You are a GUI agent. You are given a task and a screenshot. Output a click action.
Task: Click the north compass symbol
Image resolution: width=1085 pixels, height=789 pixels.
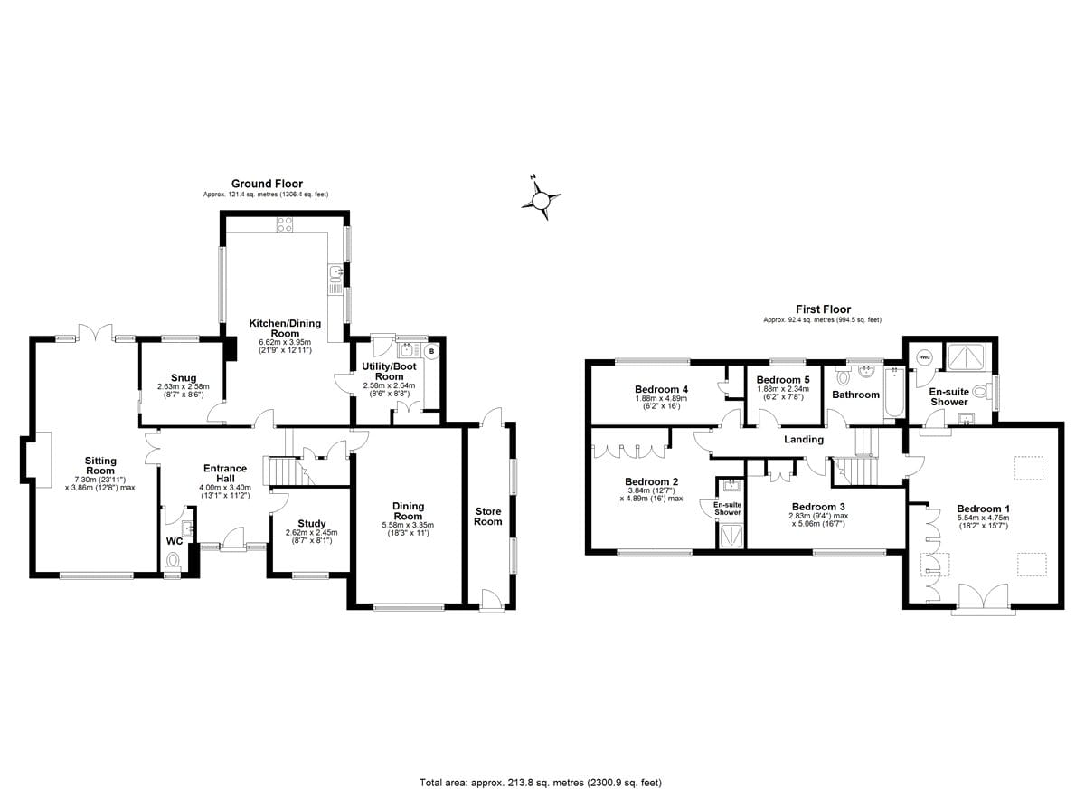542,197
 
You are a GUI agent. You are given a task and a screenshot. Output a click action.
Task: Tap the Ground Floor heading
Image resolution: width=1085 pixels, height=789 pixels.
267,184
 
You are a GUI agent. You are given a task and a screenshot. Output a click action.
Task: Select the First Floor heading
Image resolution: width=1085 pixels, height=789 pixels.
822,309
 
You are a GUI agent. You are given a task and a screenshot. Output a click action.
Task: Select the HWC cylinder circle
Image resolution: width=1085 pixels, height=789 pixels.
923,356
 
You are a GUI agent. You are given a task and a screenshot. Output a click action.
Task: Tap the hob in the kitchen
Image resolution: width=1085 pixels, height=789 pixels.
284,227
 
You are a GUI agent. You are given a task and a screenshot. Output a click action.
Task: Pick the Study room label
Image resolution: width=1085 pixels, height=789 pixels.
311,523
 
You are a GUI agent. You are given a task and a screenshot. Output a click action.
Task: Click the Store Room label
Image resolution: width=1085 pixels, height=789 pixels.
488,516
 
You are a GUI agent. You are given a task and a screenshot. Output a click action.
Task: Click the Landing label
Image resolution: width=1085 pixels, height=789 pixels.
804,440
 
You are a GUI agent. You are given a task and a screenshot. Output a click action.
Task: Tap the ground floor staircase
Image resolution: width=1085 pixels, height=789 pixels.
278,471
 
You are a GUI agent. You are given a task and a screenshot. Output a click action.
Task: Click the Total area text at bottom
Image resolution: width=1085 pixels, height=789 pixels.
542,782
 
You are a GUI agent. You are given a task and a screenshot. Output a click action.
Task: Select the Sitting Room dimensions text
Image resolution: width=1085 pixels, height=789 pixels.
100,483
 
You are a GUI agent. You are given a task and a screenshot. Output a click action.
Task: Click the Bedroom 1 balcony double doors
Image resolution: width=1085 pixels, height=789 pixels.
979,598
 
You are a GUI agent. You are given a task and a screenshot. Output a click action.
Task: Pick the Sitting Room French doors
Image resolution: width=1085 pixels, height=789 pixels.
91,333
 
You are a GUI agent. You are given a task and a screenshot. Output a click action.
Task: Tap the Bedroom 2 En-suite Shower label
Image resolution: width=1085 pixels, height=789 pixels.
728,509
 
